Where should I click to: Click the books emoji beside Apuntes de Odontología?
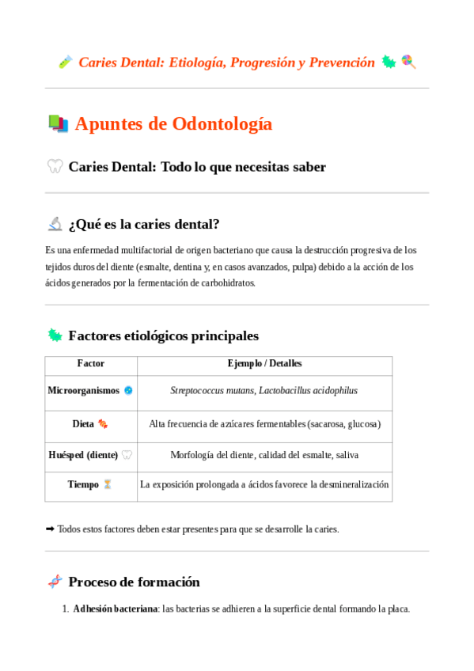click(58, 123)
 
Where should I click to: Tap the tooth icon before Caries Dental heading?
click(55, 166)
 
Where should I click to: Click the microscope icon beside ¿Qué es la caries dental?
click(55, 224)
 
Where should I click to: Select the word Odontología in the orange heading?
click(222, 123)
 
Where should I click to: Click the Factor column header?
click(90, 364)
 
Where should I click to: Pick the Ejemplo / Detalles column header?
click(264, 364)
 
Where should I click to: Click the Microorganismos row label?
click(83, 390)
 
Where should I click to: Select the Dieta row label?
click(83, 424)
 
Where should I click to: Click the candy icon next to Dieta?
click(103, 424)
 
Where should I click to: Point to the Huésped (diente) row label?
click(83, 455)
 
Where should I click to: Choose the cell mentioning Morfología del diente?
click(264, 455)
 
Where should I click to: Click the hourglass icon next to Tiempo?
click(108, 484)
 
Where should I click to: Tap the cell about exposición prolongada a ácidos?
click(264, 484)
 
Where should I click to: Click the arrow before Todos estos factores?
click(51, 529)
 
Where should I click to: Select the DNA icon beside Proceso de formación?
click(55, 582)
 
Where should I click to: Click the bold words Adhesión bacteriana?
click(116, 609)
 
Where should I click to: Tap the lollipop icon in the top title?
click(408, 62)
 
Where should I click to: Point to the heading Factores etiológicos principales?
click(163, 335)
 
